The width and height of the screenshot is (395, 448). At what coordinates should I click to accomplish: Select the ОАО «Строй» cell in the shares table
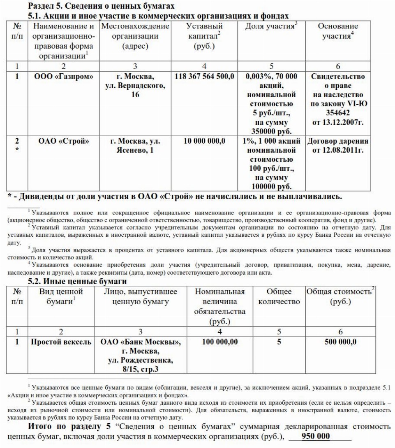pyautogui.click(x=63, y=141)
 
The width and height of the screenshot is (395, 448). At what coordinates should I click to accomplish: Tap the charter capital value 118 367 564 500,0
pyautogui.click(x=204, y=77)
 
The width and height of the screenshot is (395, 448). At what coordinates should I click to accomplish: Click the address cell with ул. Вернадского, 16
pyautogui.click(x=135, y=86)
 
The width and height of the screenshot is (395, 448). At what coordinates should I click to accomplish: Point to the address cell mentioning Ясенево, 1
pyautogui.click(x=135, y=146)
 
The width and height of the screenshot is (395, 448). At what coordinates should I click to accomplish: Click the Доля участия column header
pyautogui.click(x=271, y=27)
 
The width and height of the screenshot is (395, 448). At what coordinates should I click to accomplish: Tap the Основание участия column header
pyautogui.click(x=338, y=31)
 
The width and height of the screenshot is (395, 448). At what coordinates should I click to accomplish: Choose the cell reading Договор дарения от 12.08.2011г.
pyautogui.click(x=338, y=146)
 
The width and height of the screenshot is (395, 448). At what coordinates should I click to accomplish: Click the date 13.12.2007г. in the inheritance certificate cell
pyautogui.click(x=338, y=122)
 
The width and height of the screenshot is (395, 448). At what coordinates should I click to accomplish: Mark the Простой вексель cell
pyautogui.click(x=61, y=342)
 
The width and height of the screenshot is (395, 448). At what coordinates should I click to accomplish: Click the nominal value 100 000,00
pyautogui.click(x=220, y=342)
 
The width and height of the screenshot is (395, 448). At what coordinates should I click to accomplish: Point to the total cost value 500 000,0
pyautogui.click(x=340, y=342)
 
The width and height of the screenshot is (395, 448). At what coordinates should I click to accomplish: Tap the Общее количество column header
pyautogui.click(x=279, y=296)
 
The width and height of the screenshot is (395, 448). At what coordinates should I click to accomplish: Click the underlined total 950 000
pyautogui.click(x=316, y=436)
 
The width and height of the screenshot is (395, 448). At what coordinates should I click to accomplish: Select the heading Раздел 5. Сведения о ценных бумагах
pyautogui.click(x=101, y=6)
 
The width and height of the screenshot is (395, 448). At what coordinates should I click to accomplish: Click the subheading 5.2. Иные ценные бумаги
pyautogui.click(x=77, y=282)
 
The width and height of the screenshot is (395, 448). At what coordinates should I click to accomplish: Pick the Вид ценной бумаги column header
pyautogui.click(x=61, y=296)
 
